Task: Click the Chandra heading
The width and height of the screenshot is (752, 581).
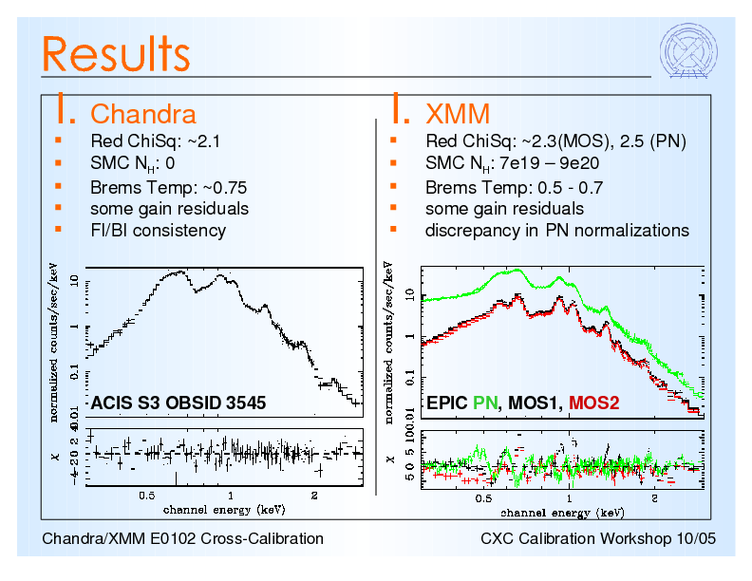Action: point(142,114)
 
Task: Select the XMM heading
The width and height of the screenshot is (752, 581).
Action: point(458,114)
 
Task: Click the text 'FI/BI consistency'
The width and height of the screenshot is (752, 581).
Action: point(158,231)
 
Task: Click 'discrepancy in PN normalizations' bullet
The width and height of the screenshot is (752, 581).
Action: point(556,231)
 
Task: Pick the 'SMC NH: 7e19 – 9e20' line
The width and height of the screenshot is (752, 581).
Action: point(512,164)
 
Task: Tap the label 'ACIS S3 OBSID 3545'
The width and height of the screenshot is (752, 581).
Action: point(178,403)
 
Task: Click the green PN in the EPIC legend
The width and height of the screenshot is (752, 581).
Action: point(485,403)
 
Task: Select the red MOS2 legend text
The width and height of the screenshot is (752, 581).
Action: point(593,403)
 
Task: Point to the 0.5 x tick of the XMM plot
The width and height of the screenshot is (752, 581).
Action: point(483,497)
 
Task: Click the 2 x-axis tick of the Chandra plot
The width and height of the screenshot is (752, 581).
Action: point(314,495)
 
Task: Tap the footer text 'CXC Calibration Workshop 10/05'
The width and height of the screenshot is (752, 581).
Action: point(598,539)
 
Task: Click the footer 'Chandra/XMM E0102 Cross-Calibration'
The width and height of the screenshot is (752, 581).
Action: point(183,539)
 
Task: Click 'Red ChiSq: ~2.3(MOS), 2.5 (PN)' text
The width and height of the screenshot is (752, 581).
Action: point(555,142)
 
